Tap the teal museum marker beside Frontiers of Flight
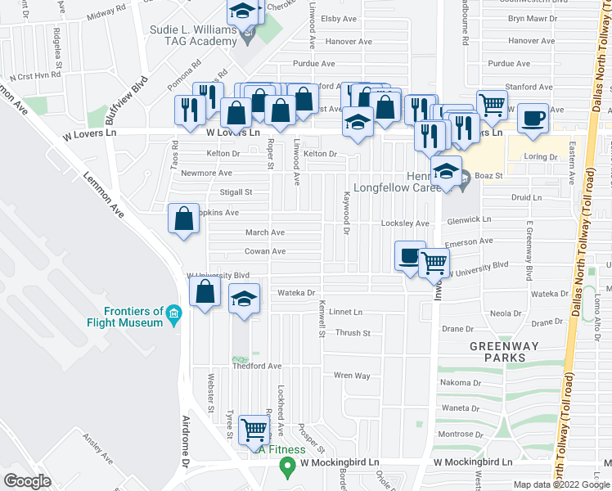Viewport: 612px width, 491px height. [x=173, y=315]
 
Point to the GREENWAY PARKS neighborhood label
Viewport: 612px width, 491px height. [x=504, y=352]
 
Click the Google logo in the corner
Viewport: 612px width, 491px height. [x=27, y=480]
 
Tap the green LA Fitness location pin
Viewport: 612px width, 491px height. [x=286, y=468]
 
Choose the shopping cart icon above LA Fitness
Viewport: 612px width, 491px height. [x=254, y=428]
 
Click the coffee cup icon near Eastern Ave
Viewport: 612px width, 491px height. [x=532, y=118]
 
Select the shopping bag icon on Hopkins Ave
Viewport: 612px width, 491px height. [x=183, y=218]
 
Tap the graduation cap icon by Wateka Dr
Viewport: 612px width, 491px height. [x=243, y=300]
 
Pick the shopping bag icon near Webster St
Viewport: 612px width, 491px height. [x=205, y=292]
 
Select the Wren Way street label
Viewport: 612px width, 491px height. [x=353, y=376]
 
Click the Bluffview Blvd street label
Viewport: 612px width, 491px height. [x=128, y=97]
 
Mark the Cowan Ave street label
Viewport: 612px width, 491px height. [x=265, y=251]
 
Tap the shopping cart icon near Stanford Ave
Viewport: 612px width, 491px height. [x=491, y=104]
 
